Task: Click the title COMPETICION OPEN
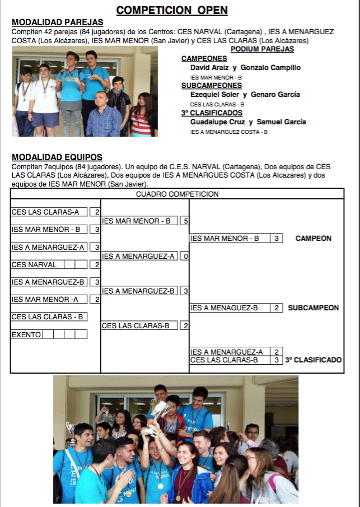(x=172, y=10)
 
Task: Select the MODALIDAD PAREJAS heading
(x=57, y=22)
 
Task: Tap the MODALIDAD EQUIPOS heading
(x=57, y=157)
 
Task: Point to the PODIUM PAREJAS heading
(x=262, y=49)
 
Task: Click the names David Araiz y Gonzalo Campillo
(x=245, y=68)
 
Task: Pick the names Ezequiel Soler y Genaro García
(x=245, y=95)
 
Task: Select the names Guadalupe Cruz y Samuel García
(x=247, y=122)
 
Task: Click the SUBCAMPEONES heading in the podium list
(x=212, y=86)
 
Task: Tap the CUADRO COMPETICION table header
(x=177, y=194)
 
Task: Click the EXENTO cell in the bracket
(x=26, y=334)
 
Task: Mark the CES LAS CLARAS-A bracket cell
(x=49, y=212)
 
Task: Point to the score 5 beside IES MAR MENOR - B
(x=185, y=221)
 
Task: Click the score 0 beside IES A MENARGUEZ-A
(x=185, y=257)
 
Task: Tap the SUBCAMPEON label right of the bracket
(x=313, y=308)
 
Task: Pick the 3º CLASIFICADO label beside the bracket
(x=314, y=360)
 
